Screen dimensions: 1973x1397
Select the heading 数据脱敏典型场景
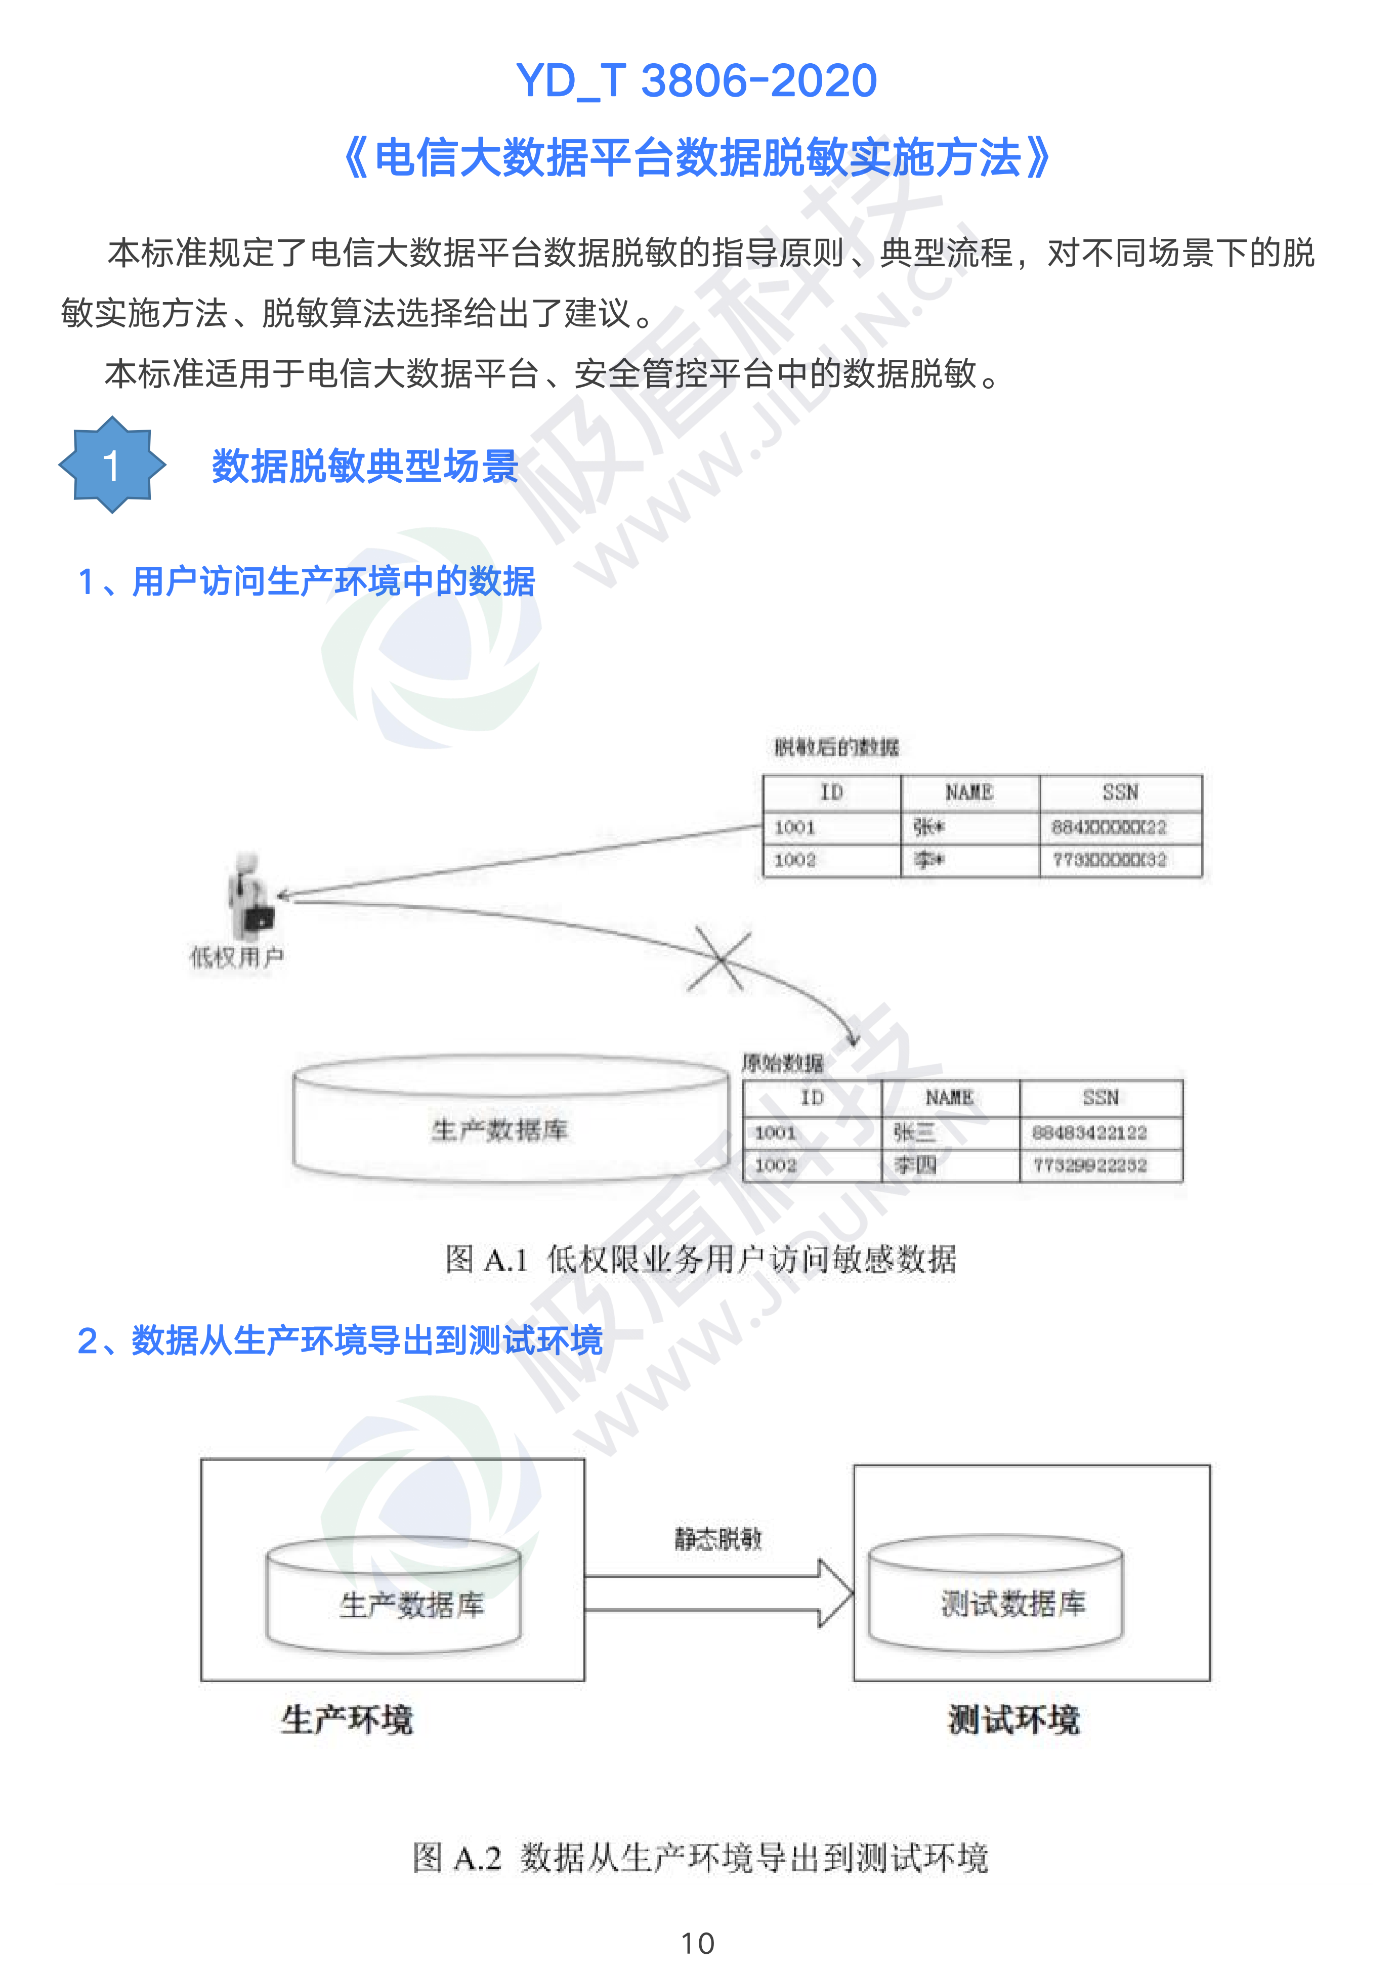(365, 466)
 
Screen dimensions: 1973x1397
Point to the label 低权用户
(237, 956)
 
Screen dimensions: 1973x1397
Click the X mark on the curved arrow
(719, 959)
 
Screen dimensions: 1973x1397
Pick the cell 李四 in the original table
(914, 1165)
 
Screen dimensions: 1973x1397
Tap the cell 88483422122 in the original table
(1089, 1132)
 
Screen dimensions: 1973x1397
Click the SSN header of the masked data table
(1120, 792)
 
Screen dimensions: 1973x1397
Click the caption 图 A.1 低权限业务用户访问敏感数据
(700, 1259)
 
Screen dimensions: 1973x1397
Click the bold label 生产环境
(348, 1720)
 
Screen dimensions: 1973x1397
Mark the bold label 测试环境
(1013, 1720)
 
